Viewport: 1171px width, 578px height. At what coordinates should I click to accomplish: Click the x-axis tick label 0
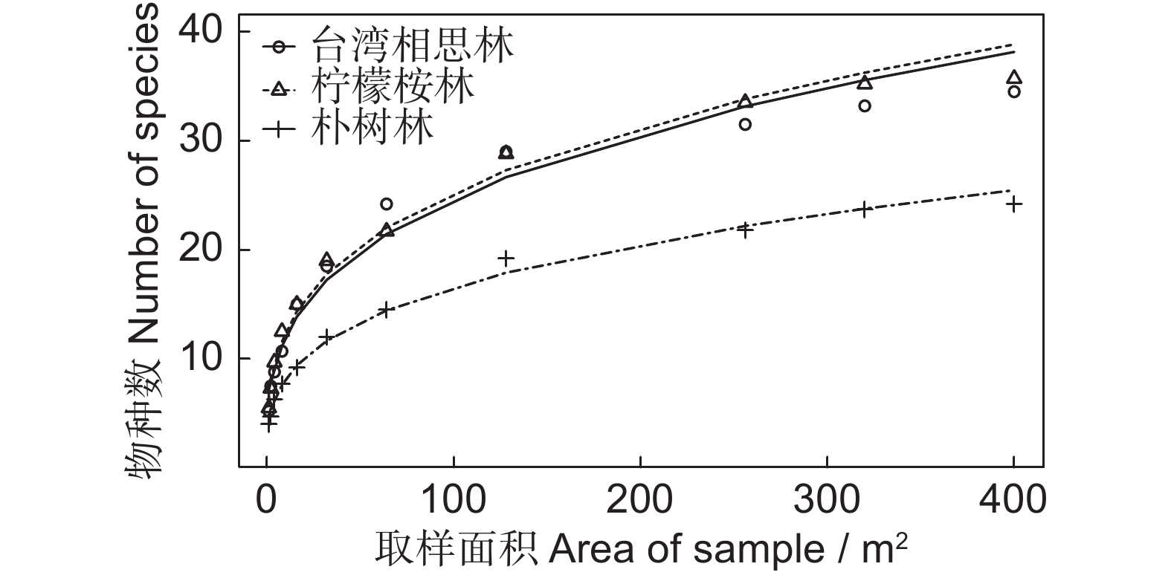[x=266, y=501]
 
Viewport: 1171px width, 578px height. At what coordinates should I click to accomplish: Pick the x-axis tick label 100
[x=453, y=501]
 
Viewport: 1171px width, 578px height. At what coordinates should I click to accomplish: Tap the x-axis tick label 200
[x=640, y=501]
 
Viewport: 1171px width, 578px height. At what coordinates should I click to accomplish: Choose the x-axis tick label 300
[x=827, y=501]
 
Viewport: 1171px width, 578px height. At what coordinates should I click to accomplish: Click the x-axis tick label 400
[x=1013, y=501]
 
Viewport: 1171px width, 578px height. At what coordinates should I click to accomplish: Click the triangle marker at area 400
[x=1013, y=77]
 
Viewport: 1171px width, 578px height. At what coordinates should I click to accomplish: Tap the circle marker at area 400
[x=1013, y=91]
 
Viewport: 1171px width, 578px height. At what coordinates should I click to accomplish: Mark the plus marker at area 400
[x=1013, y=204]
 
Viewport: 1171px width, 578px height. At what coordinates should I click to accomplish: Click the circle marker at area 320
[x=864, y=105]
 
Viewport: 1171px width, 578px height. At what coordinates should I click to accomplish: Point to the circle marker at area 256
[x=744, y=124]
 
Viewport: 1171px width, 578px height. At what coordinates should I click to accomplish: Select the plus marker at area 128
[x=506, y=259]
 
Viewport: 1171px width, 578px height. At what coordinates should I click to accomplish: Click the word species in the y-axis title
[x=146, y=68]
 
